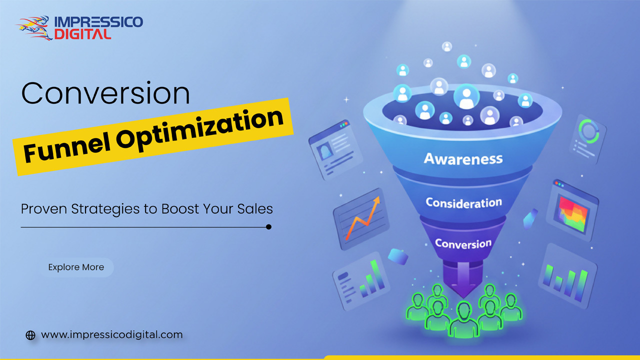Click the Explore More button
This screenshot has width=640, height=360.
[x=76, y=267]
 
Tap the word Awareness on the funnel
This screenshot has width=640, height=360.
[x=463, y=158]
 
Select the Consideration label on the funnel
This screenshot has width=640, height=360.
[x=463, y=202]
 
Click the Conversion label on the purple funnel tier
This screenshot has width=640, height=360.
[x=463, y=243]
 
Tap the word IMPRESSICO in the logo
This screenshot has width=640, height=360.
[x=98, y=22]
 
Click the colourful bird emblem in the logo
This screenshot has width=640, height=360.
[x=34, y=28]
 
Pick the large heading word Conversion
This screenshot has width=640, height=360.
[x=105, y=93]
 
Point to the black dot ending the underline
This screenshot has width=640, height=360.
[x=268, y=227]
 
